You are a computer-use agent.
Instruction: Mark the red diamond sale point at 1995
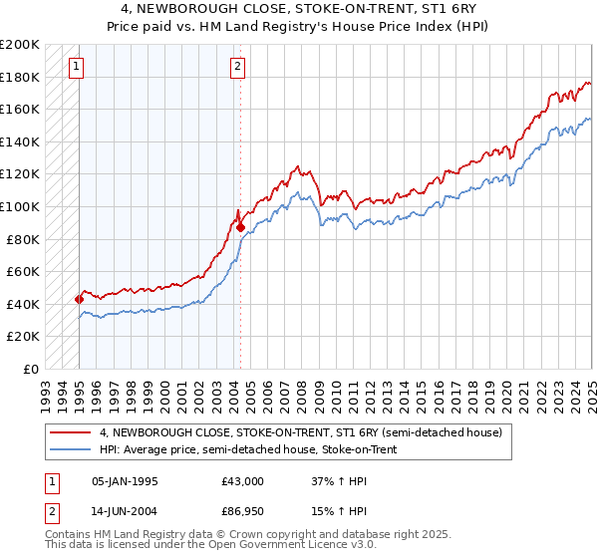coord(79,299)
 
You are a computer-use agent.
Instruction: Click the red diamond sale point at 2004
coord(240,227)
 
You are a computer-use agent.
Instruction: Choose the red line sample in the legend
coord(71,431)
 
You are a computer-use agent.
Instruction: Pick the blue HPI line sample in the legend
coord(71,448)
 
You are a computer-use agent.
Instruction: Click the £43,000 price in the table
coord(243,481)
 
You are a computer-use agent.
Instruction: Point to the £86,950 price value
coord(243,513)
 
